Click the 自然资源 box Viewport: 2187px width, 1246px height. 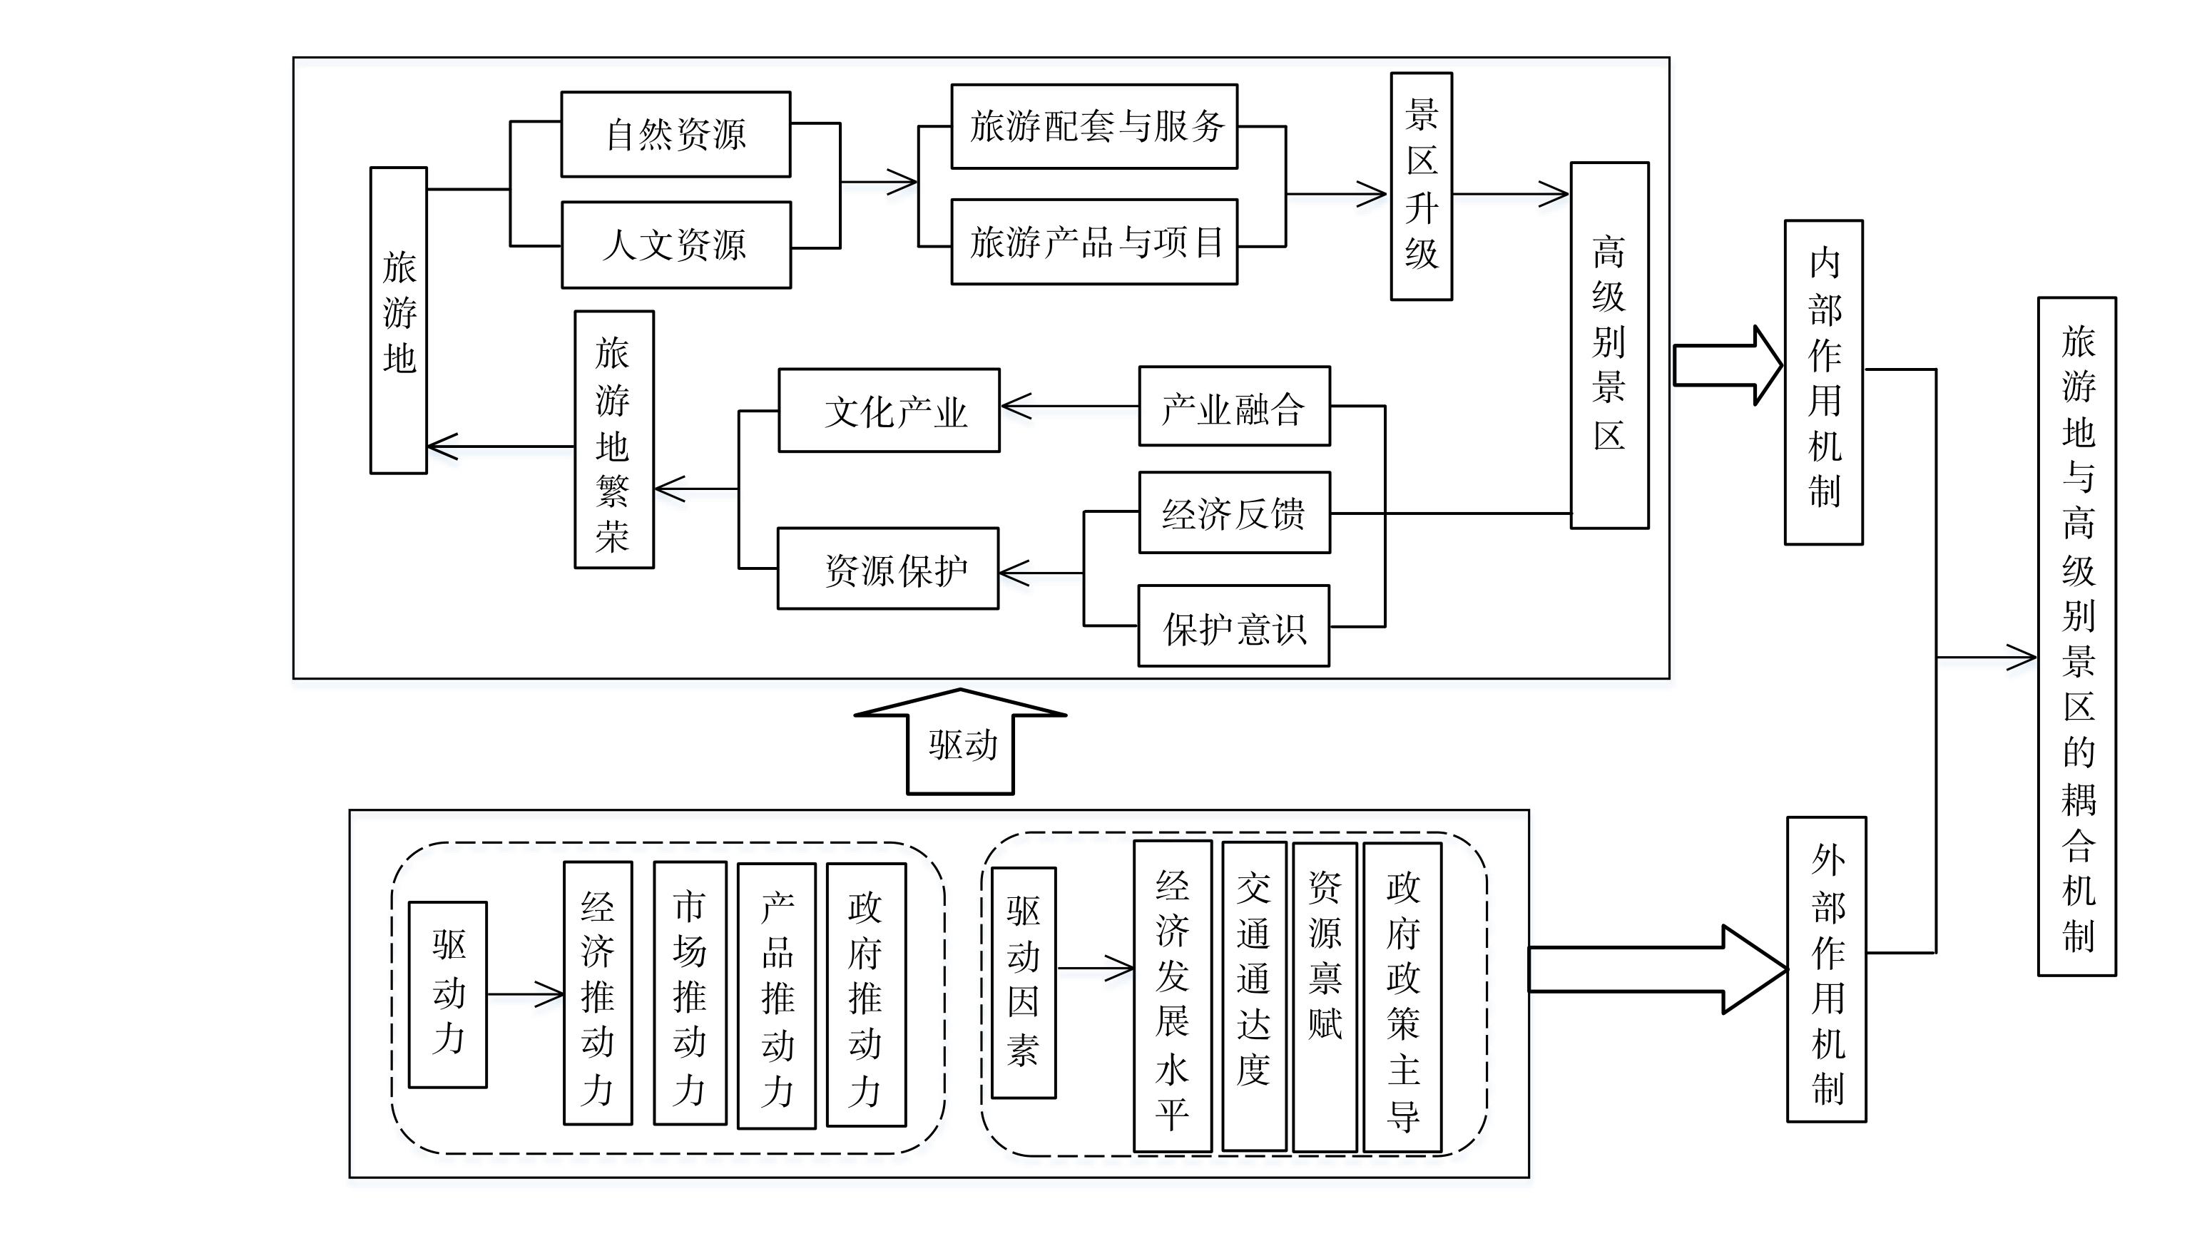coord(675,134)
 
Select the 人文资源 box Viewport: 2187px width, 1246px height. coord(675,245)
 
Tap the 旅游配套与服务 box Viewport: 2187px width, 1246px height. coord(1094,127)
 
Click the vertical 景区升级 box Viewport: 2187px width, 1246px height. coord(1421,185)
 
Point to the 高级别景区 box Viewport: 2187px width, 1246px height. coord(1609,345)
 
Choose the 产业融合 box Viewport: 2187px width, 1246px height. coord(1234,407)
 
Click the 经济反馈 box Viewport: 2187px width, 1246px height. coord(1234,513)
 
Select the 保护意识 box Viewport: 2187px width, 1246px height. coord(1233,626)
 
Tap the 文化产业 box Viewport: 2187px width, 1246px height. coord(889,410)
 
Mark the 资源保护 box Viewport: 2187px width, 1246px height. coord(888,568)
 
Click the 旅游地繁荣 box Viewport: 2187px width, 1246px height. coord(613,439)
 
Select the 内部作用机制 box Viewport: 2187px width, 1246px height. coord(1823,382)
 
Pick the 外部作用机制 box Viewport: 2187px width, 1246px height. coord(1826,969)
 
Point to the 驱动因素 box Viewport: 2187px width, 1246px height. coord(1024,982)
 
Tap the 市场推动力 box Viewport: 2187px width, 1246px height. coord(690,993)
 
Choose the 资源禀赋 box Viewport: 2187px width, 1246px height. coord(1325,997)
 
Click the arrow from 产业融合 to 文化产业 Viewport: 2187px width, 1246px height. coord(1069,407)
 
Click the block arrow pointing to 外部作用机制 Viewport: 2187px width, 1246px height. coord(1658,969)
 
